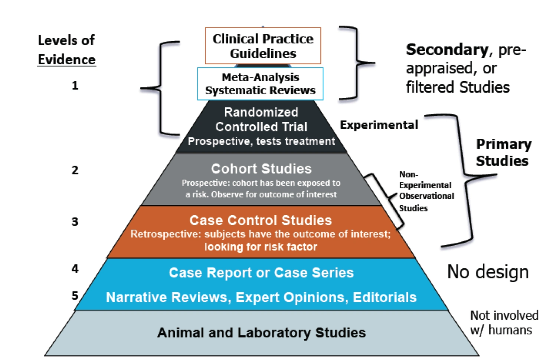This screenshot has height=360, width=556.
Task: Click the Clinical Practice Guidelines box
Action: coord(263,46)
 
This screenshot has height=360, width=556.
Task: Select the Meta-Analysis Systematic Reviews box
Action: coord(260,84)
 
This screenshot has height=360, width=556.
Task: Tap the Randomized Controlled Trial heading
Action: coord(261,119)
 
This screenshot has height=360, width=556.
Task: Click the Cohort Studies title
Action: coord(261,169)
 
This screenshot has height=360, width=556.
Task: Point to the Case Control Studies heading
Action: coord(261,220)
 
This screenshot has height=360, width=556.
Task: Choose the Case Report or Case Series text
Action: coord(261,273)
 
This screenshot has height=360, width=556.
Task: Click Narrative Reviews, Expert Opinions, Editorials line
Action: coord(261,297)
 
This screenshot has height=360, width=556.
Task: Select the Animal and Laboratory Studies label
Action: coord(261,333)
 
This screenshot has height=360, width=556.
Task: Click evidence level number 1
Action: coord(75,86)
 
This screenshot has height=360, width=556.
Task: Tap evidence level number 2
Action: coord(75,170)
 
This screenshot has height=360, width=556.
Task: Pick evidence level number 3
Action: coord(75,222)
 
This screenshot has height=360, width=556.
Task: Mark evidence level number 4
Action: coord(75,269)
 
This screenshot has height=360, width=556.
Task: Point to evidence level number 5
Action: coord(75,296)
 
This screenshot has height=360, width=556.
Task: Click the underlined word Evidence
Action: coord(67,60)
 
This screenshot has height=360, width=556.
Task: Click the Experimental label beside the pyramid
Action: coord(379,125)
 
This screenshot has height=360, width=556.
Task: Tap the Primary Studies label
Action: coord(503,153)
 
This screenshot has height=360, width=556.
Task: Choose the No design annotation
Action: coord(488,272)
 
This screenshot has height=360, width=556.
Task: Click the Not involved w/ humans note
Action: coord(504,323)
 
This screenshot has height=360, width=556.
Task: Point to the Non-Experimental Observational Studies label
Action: coord(426,191)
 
